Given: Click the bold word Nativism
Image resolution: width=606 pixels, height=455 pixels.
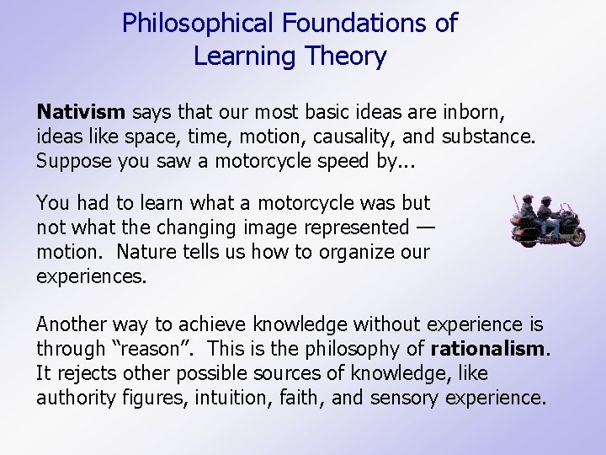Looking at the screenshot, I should (81, 112).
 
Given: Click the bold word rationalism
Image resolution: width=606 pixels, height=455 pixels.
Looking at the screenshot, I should (489, 349).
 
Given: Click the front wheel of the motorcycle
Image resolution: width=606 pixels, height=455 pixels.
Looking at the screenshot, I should (575, 235).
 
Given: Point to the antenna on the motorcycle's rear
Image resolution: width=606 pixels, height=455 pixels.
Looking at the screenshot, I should (516, 207).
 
